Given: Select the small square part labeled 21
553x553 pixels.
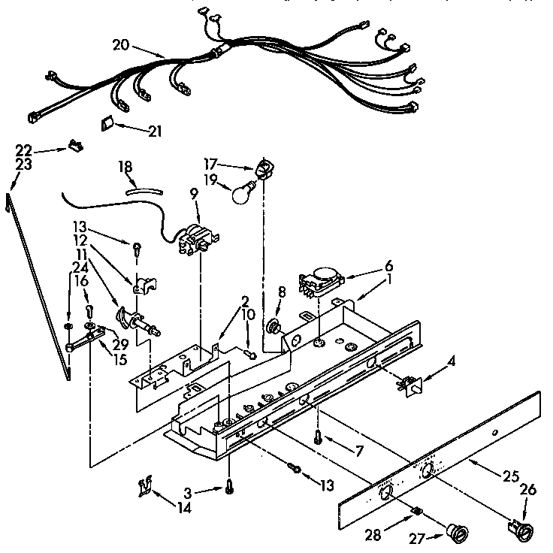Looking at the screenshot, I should (108, 124).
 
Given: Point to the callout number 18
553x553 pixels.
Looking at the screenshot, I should (125, 167).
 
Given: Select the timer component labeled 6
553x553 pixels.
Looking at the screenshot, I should (322, 284).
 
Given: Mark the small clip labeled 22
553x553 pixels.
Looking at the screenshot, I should (75, 146).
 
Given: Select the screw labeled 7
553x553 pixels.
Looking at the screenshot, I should (319, 437).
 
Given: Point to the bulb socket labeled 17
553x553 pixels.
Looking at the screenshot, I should (263, 168).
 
